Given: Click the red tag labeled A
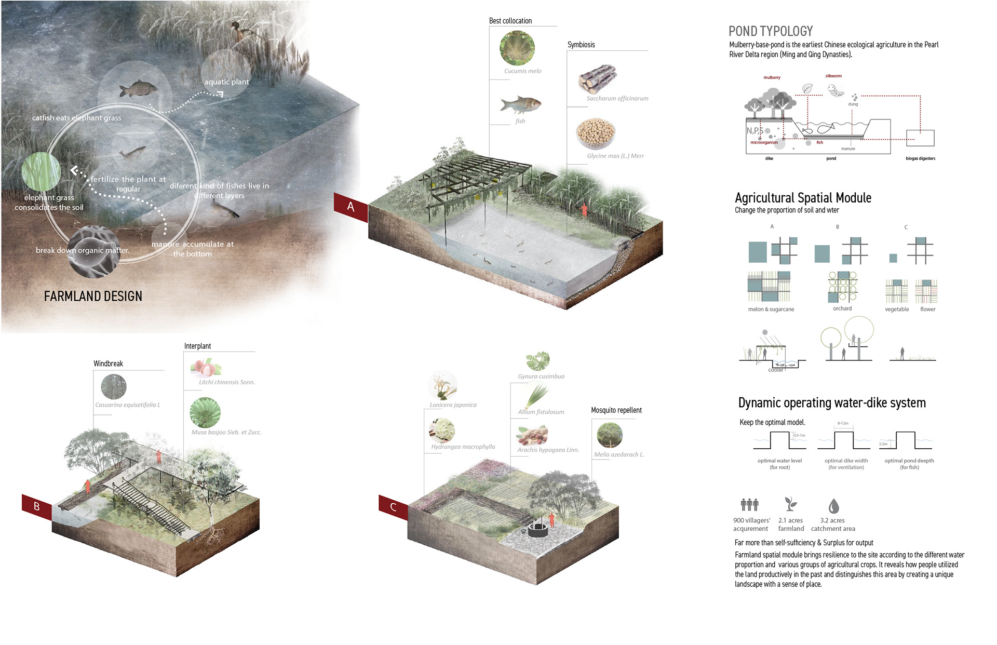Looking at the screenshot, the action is tap(351, 207).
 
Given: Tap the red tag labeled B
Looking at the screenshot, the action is tap(37, 506).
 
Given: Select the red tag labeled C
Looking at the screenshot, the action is tap(393, 507).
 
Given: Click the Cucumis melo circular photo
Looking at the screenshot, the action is tap(517, 48).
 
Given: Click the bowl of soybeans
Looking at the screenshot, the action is tap(596, 133).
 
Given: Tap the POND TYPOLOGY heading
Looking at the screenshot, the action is tap(771, 31).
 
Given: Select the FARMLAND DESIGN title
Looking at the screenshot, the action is tap(93, 296).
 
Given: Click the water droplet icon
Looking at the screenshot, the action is tap(833, 506).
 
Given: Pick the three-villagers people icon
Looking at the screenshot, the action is tap(749, 504).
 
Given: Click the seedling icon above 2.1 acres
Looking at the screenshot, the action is tap(790, 504).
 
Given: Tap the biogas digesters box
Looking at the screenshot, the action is tap(920, 138).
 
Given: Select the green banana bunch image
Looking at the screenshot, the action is tap(205, 412).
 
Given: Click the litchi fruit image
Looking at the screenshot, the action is tap(206, 367).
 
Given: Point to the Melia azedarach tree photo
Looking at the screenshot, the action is tap(609, 435).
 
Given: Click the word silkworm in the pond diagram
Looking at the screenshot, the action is tap(833, 76).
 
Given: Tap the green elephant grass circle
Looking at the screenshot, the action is tap(41, 171).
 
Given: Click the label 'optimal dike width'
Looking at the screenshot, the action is tap(846, 461).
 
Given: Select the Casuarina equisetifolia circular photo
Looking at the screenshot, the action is tap(114, 387).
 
